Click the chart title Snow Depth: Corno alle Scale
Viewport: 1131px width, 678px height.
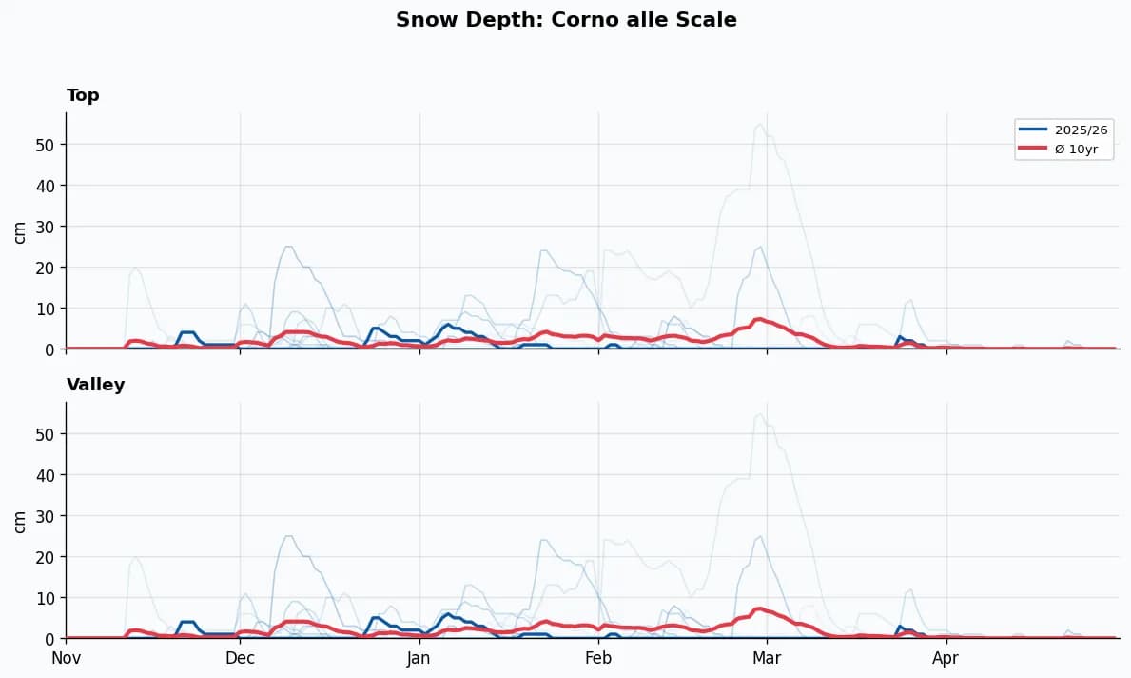coord(566,20)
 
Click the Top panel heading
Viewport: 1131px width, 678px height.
coord(83,95)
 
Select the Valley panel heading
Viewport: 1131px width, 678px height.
coord(95,385)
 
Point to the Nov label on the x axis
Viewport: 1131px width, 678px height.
coord(66,658)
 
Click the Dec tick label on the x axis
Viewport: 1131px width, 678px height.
coord(240,658)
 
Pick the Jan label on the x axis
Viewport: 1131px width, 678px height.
coord(419,658)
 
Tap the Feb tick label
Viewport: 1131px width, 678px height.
coord(598,658)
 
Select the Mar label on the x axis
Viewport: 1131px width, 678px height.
coord(767,658)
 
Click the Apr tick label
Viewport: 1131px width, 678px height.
coord(946,658)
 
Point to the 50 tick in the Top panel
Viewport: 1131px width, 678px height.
coord(46,145)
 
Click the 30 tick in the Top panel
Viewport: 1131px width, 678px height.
coord(46,227)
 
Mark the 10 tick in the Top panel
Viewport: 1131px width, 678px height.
coord(46,309)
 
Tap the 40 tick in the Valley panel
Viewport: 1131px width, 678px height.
coord(46,475)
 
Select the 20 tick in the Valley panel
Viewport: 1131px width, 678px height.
coord(46,557)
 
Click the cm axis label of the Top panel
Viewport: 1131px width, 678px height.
coord(20,231)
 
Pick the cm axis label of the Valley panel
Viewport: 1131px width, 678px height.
coord(20,521)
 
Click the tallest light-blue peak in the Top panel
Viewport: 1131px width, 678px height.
coord(759,125)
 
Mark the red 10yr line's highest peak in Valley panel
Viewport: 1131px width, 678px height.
coord(759,608)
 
